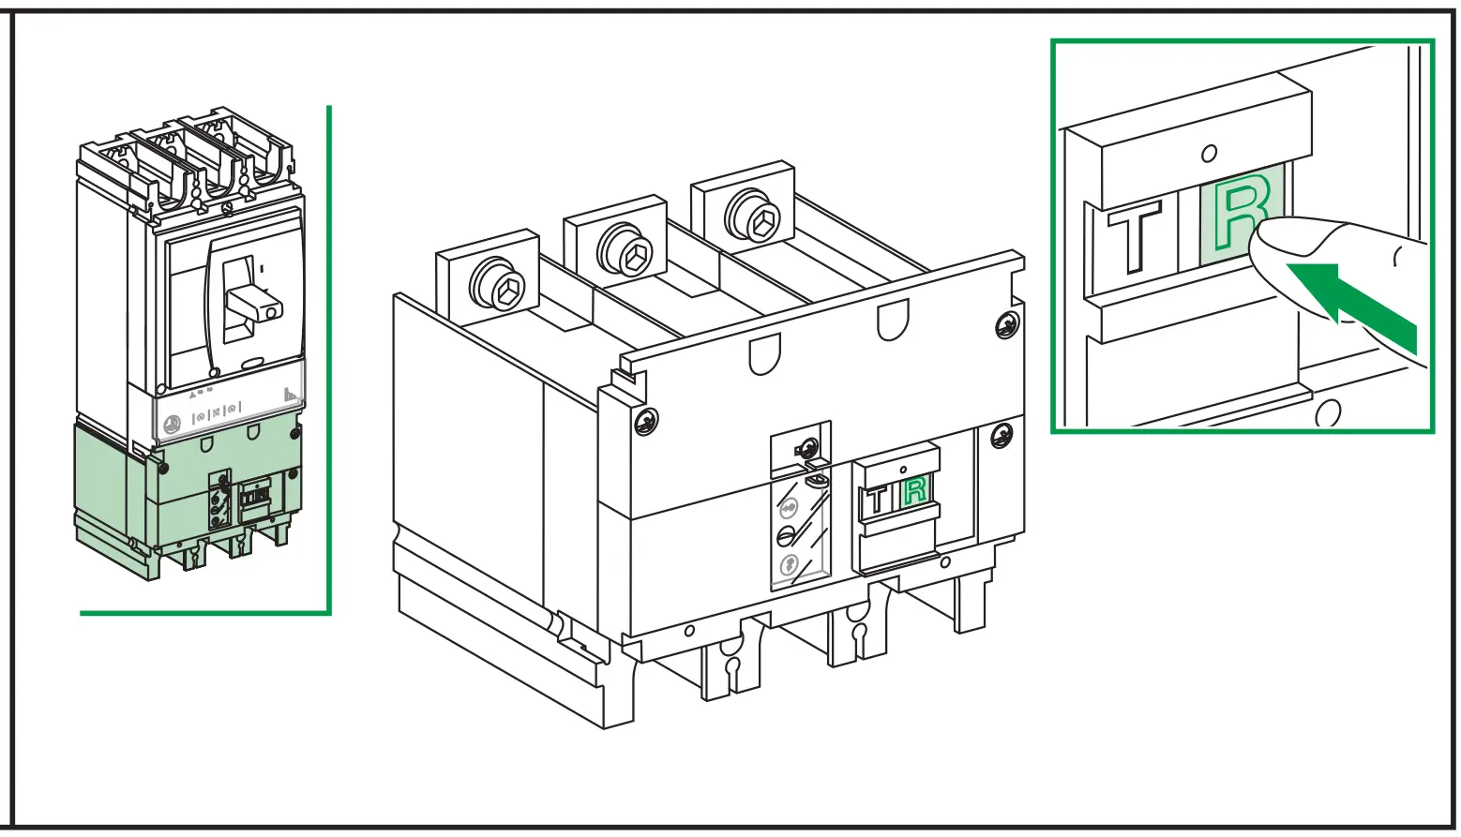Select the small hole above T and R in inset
(x=1210, y=153)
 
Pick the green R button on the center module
(x=914, y=490)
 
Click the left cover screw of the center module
(x=645, y=422)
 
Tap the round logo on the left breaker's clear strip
(x=173, y=424)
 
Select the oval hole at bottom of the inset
(x=1327, y=412)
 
